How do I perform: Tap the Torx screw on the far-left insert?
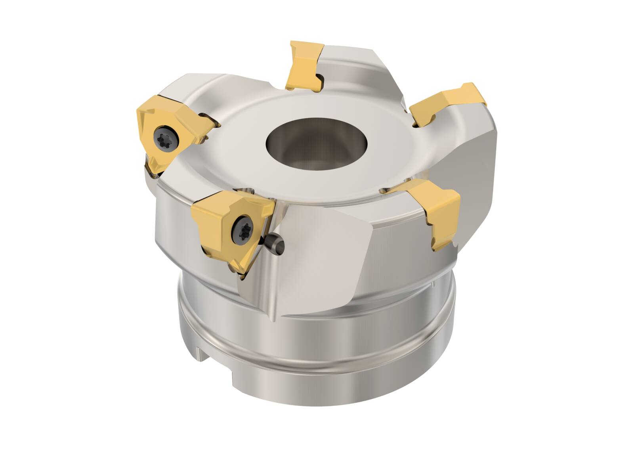coord(163,136)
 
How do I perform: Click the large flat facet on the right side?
coord(468,167)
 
